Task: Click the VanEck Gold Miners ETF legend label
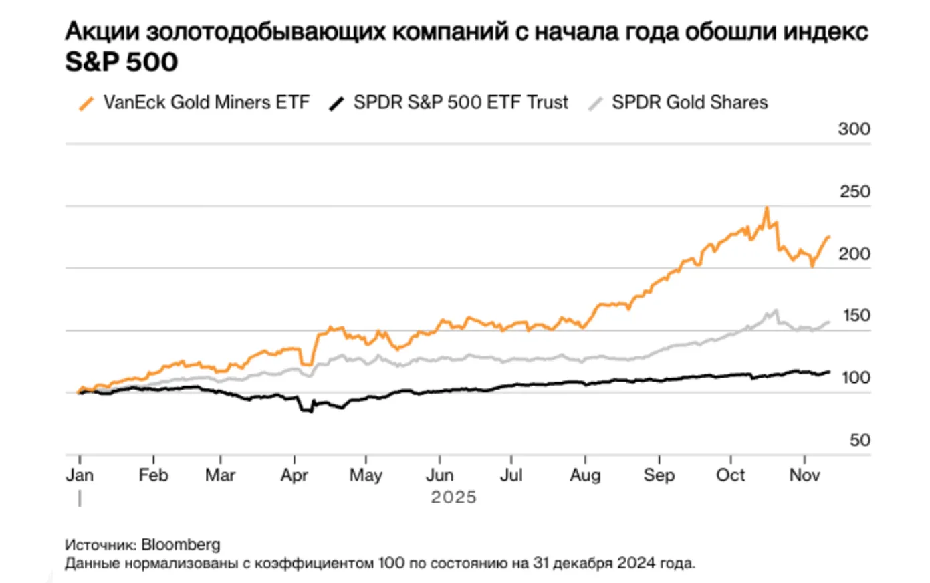(x=207, y=102)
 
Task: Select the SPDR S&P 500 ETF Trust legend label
(x=461, y=102)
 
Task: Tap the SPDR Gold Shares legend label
(x=689, y=102)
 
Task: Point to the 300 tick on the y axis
(x=854, y=129)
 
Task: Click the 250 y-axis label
(x=854, y=192)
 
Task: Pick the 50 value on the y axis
(x=860, y=440)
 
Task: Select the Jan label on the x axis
(x=80, y=475)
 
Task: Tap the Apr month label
(x=294, y=475)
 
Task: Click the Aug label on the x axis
(x=585, y=475)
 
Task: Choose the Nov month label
(x=804, y=475)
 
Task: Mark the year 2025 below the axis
(x=453, y=497)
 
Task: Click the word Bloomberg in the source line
(x=181, y=544)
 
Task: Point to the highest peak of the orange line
(x=767, y=208)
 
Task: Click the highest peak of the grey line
(x=776, y=310)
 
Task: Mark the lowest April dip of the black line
(x=312, y=411)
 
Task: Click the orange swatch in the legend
(x=86, y=103)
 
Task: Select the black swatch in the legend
(x=337, y=103)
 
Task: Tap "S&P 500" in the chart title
(x=121, y=62)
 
